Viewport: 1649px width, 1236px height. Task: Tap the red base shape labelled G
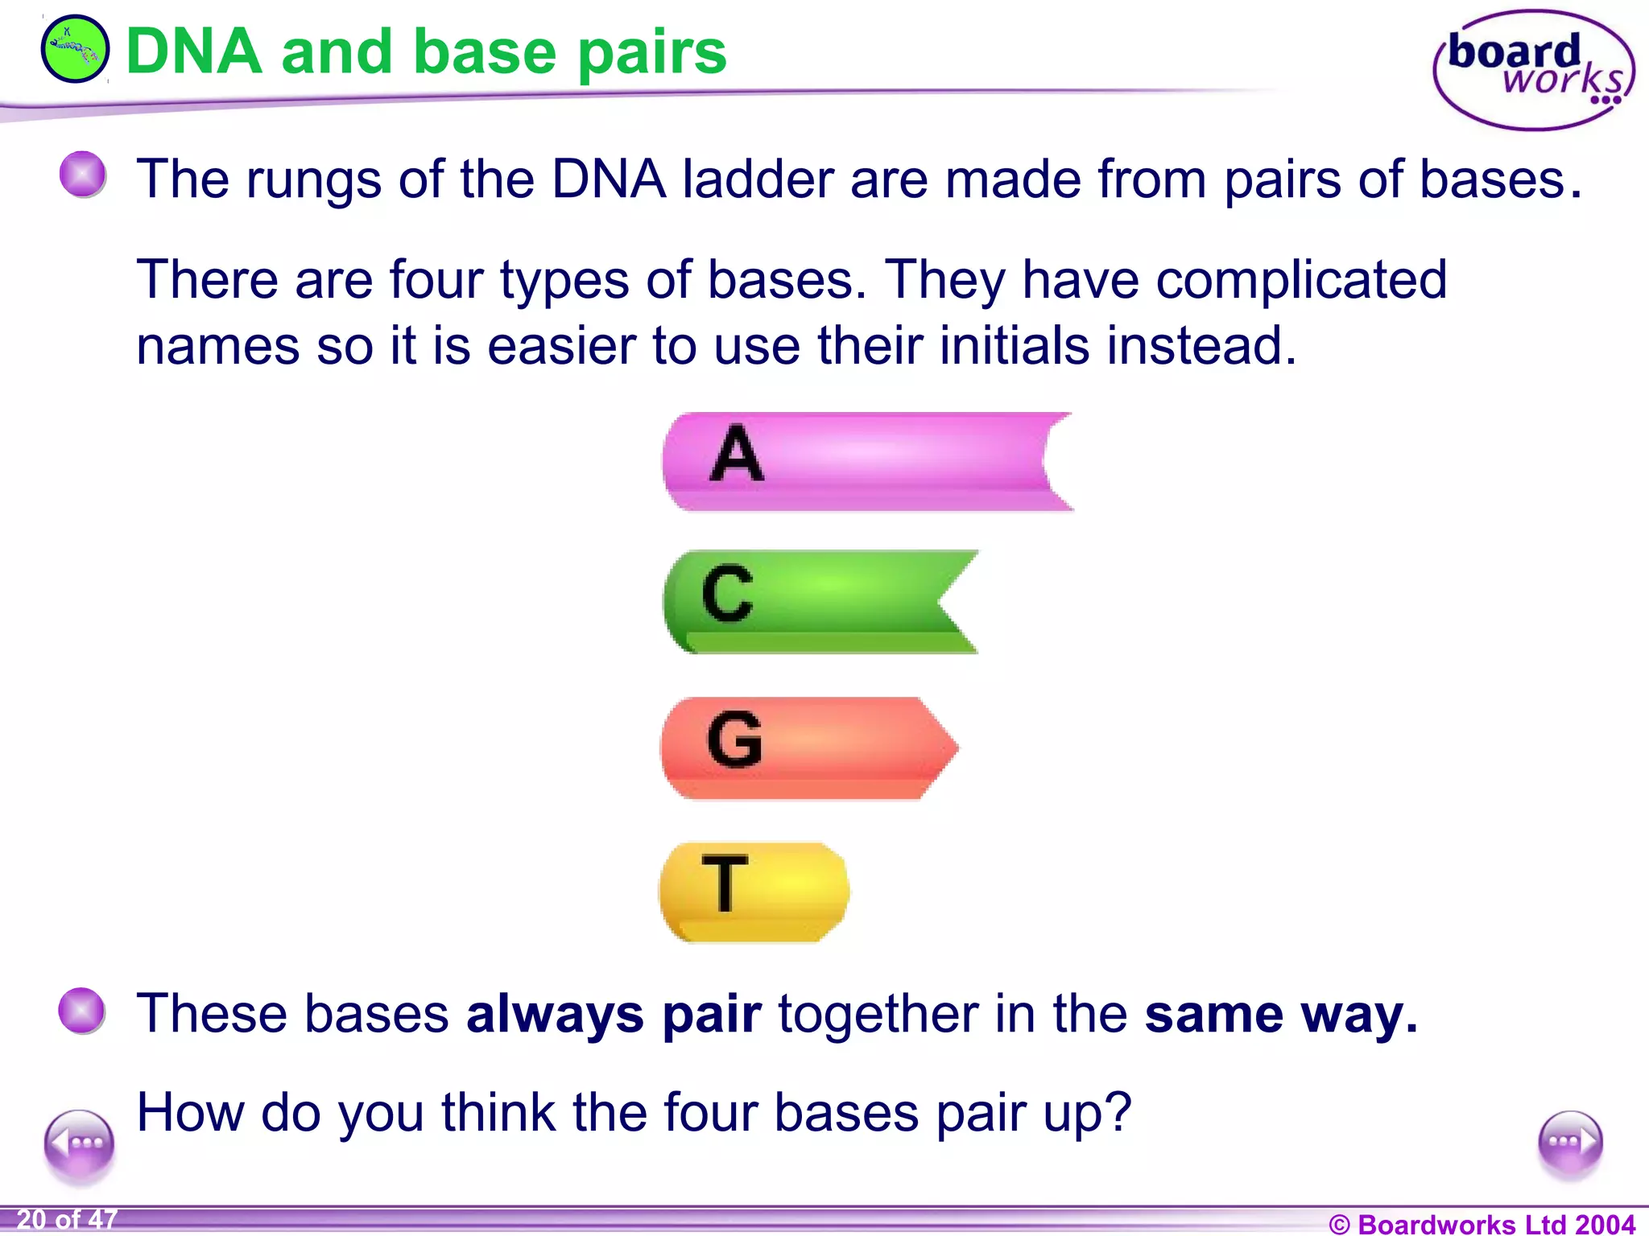tap(805, 748)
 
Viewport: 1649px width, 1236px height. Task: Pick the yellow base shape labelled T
tap(754, 891)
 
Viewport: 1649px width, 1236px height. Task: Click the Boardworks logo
tap(1533, 70)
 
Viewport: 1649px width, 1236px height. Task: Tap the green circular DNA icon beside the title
tap(75, 49)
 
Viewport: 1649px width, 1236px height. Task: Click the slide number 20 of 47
tap(67, 1220)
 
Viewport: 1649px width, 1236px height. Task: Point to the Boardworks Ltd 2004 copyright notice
tap(1482, 1224)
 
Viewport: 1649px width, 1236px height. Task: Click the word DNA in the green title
tap(194, 52)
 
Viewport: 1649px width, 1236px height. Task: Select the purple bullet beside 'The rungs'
tap(83, 174)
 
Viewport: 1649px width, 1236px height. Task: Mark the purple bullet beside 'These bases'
tap(82, 1010)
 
